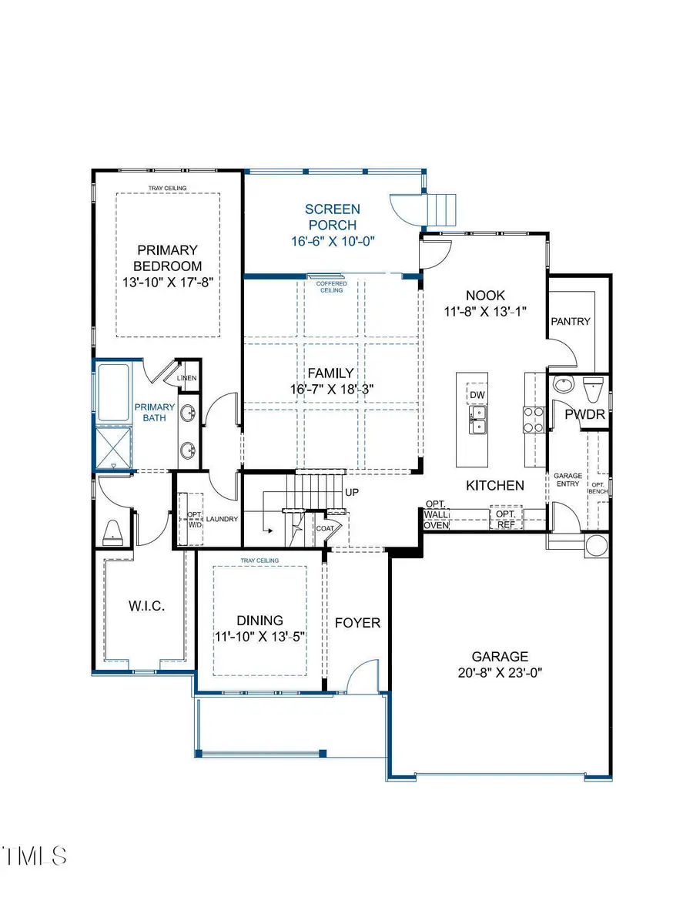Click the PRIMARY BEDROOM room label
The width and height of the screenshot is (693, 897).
pyautogui.click(x=167, y=258)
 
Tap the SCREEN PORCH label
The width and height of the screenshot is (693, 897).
pyautogui.click(x=332, y=216)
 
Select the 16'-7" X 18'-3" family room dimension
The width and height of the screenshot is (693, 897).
pyautogui.click(x=331, y=390)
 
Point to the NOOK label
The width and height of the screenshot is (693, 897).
pyautogui.click(x=485, y=295)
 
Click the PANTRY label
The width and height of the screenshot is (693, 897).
pyautogui.click(x=571, y=321)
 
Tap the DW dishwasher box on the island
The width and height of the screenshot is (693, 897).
pyautogui.click(x=476, y=394)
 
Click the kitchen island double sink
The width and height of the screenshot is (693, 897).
pyautogui.click(x=477, y=419)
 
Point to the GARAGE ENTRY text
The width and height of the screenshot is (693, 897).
pyautogui.click(x=568, y=480)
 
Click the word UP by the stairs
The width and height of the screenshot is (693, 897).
pyautogui.click(x=352, y=492)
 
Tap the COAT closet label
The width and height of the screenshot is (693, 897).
pyautogui.click(x=325, y=529)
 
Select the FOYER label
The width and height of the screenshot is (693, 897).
pyautogui.click(x=357, y=622)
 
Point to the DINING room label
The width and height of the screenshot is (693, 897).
pyautogui.click(x=259, y=620)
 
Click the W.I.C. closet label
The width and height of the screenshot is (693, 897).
pyautogui.click(x=146, y=606)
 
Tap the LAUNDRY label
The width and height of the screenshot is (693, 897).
pyautogui.click(x=222, y=519)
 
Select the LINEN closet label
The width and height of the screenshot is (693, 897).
pyautogui.click(x=186, y=378)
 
